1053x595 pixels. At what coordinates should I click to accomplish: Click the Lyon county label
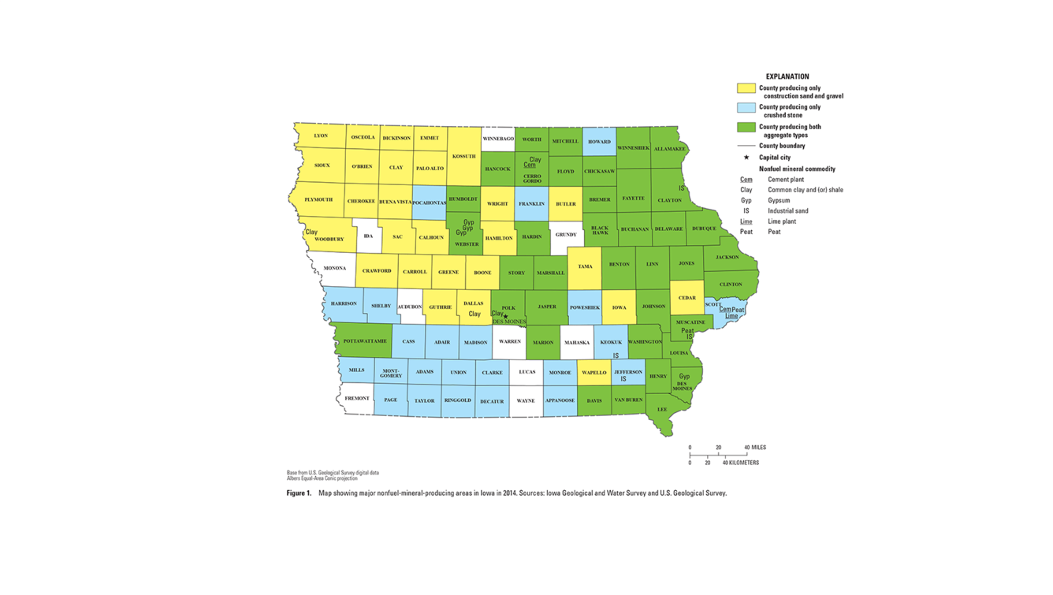click(x=320, y=136)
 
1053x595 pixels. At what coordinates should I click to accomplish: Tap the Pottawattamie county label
click(x=365, y=341)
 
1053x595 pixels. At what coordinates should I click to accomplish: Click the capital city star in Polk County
click(x=506, y=317)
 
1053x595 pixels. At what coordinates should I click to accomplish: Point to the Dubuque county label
click(x=704, y=229)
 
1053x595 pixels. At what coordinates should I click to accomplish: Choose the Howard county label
click(x=599, y=142)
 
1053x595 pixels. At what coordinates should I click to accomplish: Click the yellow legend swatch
click(x=746, y=88)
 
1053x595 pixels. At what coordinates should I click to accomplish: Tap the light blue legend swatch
click(x=746, y=107)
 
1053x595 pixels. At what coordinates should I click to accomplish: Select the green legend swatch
click(x=746, y=127)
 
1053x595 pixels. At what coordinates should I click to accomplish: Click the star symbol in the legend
click(x=746, y=158)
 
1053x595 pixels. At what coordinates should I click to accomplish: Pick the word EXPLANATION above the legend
click(x=787, y=77)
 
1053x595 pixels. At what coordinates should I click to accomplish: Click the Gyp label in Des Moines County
click(x=684, y=377)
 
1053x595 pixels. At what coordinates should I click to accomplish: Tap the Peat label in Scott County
click(x=739, y=310)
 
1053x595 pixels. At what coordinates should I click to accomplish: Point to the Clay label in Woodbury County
click(x=311, y=232)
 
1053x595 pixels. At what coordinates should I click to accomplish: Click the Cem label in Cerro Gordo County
click(x=530, y=165)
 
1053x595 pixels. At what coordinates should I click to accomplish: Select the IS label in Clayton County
click(x=682, y=188)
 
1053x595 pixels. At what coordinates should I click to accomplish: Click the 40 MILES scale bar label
click(x=755, y=448)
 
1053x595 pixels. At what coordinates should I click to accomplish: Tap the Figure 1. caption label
click(x=299, y=493)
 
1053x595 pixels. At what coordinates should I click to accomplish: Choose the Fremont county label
click(x=357, y=399)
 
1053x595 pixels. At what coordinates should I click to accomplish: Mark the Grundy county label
click(x=566, y=235)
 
